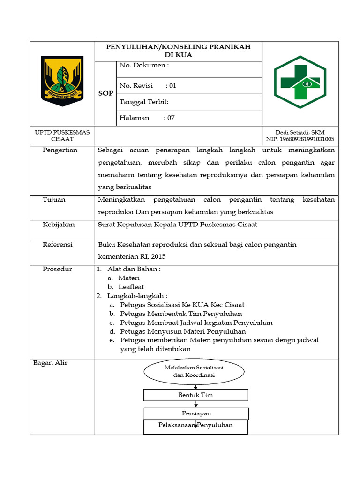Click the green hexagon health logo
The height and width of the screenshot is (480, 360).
[300, 82]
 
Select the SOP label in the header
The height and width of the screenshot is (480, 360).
[105, 93]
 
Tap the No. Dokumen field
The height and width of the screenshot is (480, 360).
[144, 66]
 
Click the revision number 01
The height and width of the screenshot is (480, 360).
[172, 86]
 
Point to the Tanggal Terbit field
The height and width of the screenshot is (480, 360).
[144, 102]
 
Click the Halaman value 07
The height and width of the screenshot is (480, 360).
[171, 118]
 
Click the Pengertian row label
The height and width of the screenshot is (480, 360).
[60, 150]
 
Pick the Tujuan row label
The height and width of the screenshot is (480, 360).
[54, 200]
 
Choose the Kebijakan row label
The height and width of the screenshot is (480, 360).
[59, 225]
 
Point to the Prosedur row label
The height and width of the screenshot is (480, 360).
[57, 270]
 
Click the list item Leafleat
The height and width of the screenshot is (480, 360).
[131, 287]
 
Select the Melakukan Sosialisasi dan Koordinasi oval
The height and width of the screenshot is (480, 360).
[194, 372]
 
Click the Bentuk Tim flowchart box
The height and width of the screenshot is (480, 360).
[195, 395]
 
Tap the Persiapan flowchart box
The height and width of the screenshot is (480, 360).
[196, 413]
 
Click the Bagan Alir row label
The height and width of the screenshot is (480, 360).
[50, 363]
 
